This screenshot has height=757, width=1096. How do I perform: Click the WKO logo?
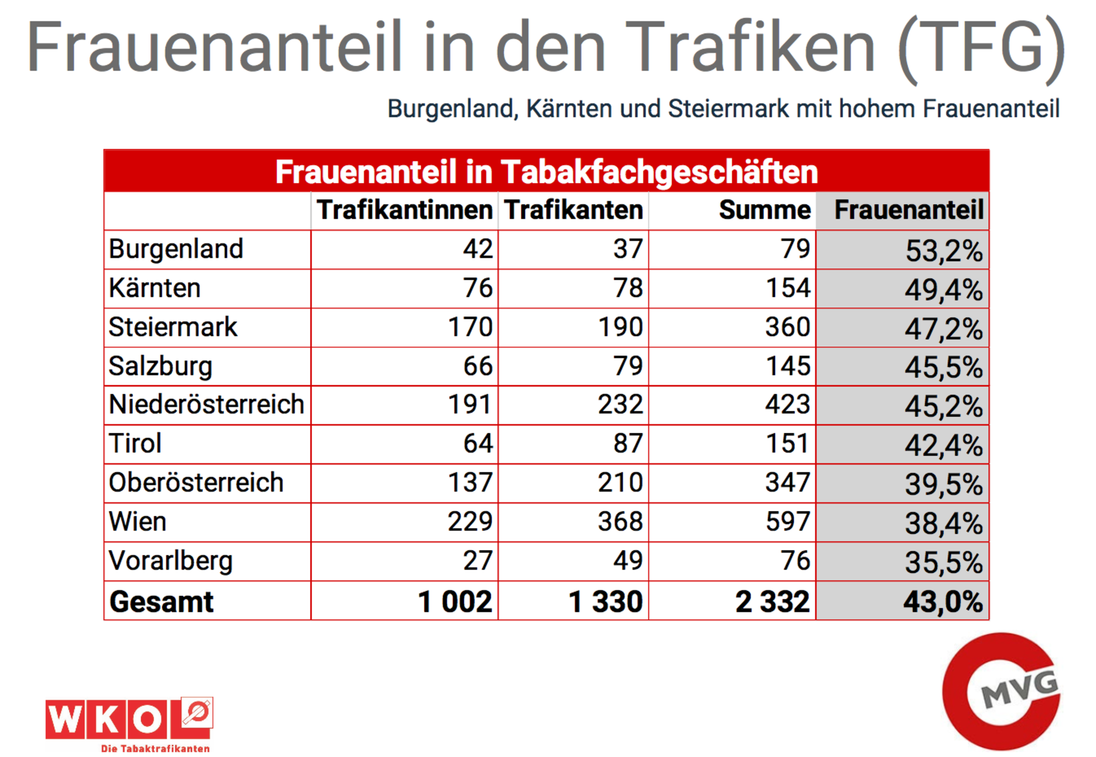click(x=128, y=719)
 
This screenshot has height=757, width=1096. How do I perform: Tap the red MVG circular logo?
click(x=1001, y=691)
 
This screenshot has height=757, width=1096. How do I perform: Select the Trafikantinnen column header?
click(x=404, y=210)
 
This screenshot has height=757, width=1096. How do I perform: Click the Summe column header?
click(x=764, y=210)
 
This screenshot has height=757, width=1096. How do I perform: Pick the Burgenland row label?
click(x=176, y=249)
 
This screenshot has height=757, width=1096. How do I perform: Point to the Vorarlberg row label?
click(x=170, y=561)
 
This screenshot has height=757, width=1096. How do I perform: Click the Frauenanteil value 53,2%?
click(x=943, y=250)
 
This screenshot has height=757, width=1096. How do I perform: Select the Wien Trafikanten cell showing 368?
click(x=620, y=522)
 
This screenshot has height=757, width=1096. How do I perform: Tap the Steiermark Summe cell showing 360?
click(x=787, y=327)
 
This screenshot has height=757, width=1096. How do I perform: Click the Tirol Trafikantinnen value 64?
click(x=477, y=444)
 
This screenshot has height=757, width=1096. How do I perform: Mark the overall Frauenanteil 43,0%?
click(x=943, y=602)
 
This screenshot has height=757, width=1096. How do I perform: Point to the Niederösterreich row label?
click(x=206, y=404)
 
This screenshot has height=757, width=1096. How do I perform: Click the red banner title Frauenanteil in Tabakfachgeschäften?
click(x=546, y=172)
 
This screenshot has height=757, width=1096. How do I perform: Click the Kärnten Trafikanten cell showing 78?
click(x=628, y=288)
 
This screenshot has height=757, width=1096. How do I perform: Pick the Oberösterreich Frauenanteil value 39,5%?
click(x=943, y=484)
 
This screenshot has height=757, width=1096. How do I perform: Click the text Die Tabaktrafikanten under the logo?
click(x=155, y=748)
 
